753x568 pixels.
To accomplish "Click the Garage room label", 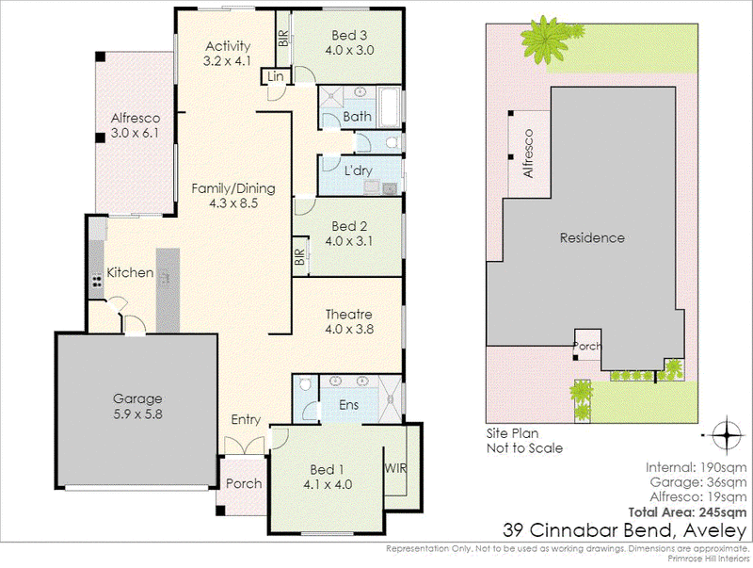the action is coord(137,398).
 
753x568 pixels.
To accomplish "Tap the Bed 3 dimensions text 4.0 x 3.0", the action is coord(349,50).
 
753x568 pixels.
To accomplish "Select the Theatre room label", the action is coord(349,315).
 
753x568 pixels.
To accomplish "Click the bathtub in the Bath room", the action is coord(389,107).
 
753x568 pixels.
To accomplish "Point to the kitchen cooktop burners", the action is coord(97,280).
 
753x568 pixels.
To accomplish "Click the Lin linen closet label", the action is coord(275,76).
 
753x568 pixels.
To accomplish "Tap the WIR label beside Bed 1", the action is coord(395,467).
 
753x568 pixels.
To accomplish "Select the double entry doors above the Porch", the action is coord(245,446).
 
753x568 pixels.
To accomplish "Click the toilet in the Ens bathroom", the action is coord(305,384).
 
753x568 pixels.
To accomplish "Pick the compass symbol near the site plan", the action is coord(728,435).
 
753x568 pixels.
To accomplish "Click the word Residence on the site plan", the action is coord(592,237).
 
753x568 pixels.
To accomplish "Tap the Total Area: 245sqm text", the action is coord(688,511).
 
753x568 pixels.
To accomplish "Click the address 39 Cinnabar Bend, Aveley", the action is coord(625,530).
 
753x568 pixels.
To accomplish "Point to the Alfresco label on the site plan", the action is coord(528,154).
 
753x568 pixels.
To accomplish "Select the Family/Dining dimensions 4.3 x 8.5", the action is coord(233,203).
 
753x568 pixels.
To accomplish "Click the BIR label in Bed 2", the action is coord(299,257).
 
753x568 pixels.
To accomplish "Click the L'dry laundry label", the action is coord(359,170).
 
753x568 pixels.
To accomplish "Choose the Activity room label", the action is coord(228,46).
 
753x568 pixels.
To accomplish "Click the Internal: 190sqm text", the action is coord(696,467).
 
